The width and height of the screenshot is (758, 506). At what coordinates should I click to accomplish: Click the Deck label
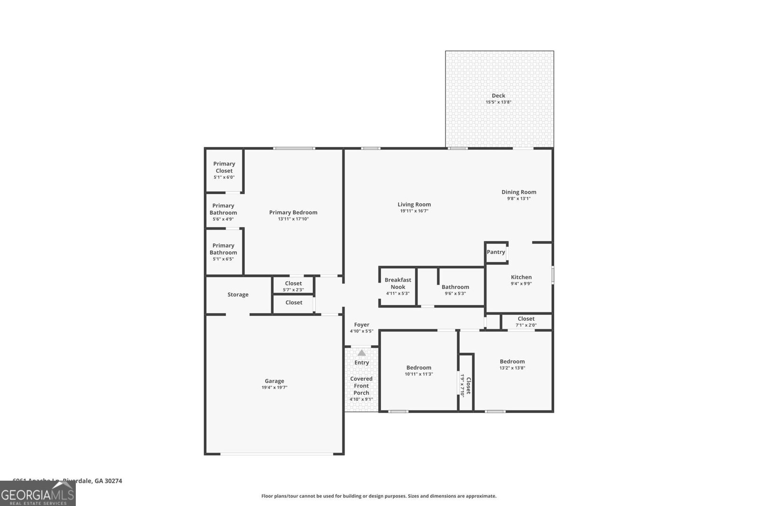[x=498, y=95]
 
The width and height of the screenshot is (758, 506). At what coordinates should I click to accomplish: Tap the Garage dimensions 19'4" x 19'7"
[x=274, y=387]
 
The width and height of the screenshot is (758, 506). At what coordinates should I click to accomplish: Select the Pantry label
[x=496, y=252]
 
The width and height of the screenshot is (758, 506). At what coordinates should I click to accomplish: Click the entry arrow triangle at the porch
[x=361, y=353]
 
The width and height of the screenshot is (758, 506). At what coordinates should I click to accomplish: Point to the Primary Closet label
[x=224, y=167]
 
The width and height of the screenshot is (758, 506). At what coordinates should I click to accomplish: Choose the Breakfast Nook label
[x=398, y=283]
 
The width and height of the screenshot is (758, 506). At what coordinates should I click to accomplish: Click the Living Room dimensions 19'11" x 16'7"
[x=414, y=211]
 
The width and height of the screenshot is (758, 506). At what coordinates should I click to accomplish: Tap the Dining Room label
[x=519, y=192]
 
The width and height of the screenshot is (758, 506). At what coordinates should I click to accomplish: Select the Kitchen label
[x=521, y=277]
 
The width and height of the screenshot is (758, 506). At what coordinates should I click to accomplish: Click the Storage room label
[x=238, y=294]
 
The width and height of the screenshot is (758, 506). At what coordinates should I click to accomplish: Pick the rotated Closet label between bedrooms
[x=468, y=386]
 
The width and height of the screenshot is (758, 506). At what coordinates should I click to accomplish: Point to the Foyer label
[x=361, y=325]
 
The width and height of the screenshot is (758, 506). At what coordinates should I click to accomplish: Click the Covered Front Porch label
[x=361, y=386]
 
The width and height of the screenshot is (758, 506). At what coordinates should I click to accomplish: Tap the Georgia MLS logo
[x=37, y=496]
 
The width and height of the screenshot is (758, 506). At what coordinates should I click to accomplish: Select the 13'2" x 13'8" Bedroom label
[x=512, y=361]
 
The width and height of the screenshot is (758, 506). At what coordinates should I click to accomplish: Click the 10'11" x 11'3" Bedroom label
[x=419, y=368]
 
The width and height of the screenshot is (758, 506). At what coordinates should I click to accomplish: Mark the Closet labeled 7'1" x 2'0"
[x=526, y=319]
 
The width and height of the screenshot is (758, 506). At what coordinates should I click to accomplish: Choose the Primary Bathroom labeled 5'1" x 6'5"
[x=223, y=249]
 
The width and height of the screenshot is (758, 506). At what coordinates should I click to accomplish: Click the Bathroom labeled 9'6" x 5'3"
[x=455, y=287]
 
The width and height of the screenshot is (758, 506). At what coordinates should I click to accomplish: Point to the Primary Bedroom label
[x=293, y=212]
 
